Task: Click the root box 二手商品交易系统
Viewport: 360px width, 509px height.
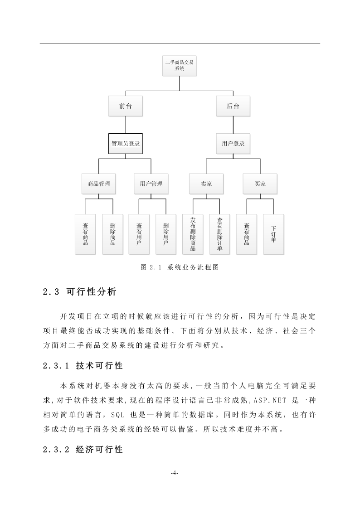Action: [x=179, y=66]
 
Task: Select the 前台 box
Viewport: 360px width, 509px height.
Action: [x=125, y=106]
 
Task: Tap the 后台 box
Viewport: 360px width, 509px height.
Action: [x=233, y=106]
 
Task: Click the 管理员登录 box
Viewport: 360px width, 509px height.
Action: [x=125, y=144]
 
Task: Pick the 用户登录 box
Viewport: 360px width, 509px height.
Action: [x=233, y=144]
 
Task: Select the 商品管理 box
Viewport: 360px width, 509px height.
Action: [x=99, y=184]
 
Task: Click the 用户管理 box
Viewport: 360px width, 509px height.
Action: [x=151, y=184]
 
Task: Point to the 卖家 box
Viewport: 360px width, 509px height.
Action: [x=206, y=184]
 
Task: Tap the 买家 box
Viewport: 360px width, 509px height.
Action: [x=260, y=184]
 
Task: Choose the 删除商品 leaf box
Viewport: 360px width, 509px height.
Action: [x=112, y=234]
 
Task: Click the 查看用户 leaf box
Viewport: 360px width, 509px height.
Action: [x=139, y=234]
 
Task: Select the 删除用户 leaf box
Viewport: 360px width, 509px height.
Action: [x=166, y=234]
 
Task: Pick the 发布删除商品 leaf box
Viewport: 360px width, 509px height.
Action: [x=193, y=234]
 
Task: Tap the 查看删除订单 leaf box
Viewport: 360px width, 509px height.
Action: [x=220, y=234]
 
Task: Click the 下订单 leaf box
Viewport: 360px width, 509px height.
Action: [x=273, y=234]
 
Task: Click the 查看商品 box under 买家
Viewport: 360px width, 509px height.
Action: [x=246, y=234]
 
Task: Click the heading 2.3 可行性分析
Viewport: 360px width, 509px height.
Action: [x=79, y=292]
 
